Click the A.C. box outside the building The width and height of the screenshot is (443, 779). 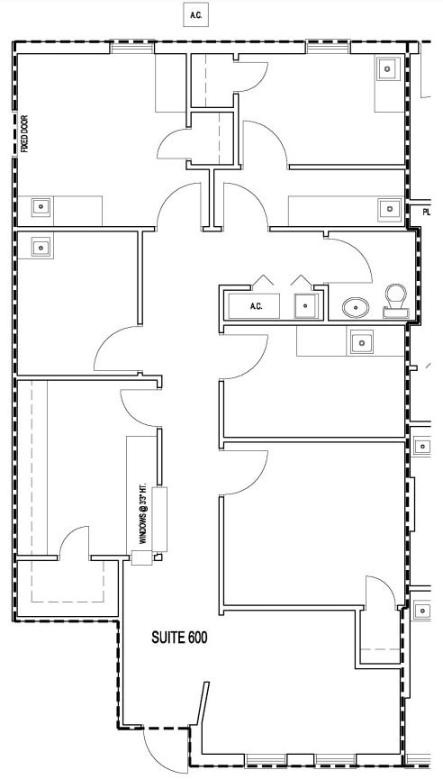click(195, 15)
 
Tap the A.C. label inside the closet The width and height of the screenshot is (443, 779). click(256, 306)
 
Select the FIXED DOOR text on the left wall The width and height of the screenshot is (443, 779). click(25, 133)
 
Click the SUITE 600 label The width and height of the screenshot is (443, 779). click(178, 639)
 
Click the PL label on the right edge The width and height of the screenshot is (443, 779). click(427, 213)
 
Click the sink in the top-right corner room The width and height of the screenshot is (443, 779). click(388, 68)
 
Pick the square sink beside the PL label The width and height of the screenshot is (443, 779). click(388, 209)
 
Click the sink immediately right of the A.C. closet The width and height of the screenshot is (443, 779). click(306, 306)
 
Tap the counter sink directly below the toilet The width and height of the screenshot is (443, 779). click(362, 341)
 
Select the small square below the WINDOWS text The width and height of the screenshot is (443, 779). click(141, 558)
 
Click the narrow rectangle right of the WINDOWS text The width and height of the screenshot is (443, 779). click(162, 519)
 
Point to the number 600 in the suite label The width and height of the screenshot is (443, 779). click(198, 639)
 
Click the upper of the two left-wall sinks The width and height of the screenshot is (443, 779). click(41, 206)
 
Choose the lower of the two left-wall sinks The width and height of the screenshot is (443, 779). click(41, 245)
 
